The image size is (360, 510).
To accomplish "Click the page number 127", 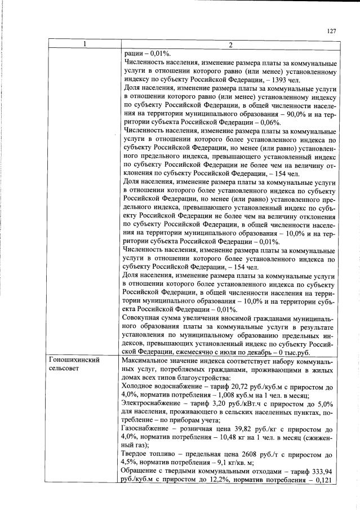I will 331,32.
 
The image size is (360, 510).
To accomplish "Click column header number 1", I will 84,45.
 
